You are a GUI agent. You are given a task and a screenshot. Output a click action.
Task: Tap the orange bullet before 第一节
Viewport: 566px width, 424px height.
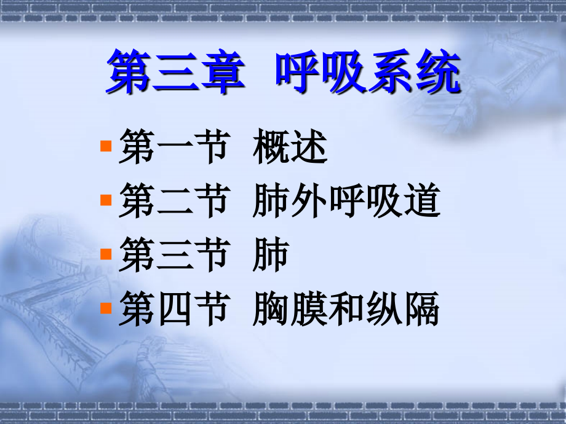tap(105, 146)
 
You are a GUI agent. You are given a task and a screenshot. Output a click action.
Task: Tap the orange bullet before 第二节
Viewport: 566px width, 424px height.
tap(105, 200)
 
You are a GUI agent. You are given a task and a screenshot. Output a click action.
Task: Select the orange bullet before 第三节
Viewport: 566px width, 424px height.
tap(105, 253)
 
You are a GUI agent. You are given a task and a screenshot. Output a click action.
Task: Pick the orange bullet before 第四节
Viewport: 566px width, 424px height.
tap(105, 306)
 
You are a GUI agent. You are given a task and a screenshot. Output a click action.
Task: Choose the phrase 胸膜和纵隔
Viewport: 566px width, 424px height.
tap(346, 309)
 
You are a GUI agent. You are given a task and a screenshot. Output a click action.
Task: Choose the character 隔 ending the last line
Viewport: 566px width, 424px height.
tap(422, 309)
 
